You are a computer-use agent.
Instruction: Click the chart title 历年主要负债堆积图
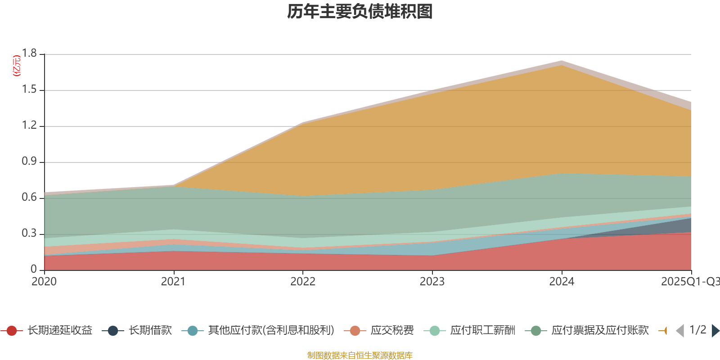[x=360, y=12]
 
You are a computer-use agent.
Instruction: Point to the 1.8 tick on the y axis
[x=30, y=54]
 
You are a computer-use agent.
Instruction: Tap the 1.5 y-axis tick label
[x=30, y=90]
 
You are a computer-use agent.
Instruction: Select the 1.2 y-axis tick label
[x=30, y=126]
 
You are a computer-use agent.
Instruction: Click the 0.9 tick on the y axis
[x=30, y=162]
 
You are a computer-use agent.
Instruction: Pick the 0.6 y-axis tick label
[x=30, y=198]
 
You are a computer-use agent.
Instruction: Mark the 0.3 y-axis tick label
[x=30, y=234]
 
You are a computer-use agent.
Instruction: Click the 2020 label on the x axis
[x=44, y=282]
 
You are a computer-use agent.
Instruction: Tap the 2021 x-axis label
[x=173, y=282]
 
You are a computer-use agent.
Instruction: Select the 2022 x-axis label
[x=303, y=282]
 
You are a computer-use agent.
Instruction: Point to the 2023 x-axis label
[x=432, y=282]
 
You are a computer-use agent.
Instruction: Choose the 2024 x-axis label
[x=562, y=282]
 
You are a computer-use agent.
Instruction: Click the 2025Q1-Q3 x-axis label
[x=690, y=282]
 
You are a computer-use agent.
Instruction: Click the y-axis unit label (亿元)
[x=17, y=66]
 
